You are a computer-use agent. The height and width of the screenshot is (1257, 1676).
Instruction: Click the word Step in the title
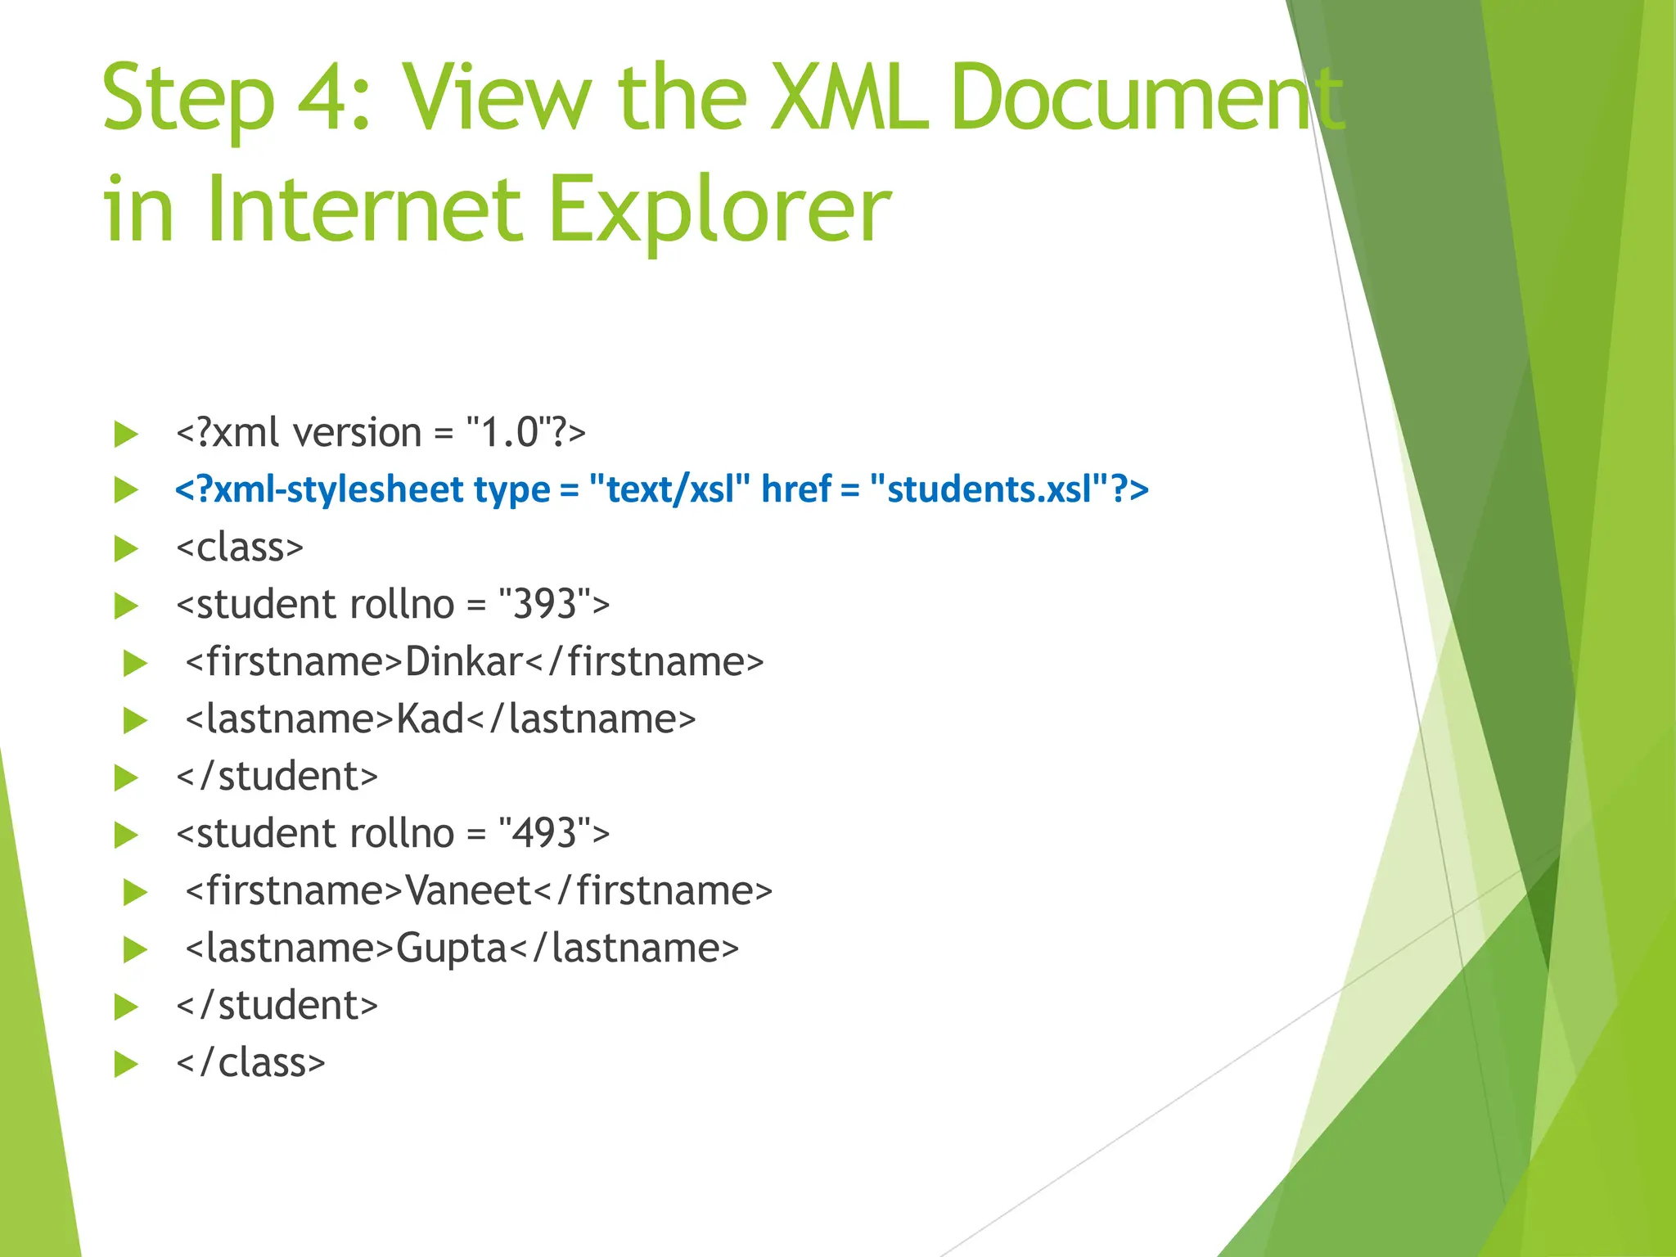188,100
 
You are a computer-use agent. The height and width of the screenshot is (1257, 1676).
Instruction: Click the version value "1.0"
508,433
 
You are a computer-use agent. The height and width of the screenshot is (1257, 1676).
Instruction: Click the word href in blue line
795,489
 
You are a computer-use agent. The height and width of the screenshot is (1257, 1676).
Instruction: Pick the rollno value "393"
544,605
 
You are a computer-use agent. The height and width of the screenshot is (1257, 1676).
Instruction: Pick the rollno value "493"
544,834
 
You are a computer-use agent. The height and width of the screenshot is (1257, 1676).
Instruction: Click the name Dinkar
463,662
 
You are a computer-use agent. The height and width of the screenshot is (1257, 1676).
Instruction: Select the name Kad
430,719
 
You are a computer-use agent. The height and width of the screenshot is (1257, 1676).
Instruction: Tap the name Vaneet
469,891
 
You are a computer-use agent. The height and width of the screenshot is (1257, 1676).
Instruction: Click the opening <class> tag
240,547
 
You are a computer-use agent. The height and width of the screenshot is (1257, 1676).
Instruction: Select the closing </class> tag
250,1063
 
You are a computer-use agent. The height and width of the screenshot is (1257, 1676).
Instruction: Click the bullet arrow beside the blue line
126,490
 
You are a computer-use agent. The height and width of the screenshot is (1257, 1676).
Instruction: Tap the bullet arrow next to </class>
126,1064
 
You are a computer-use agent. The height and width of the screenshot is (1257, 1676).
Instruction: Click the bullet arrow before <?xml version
126,434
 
